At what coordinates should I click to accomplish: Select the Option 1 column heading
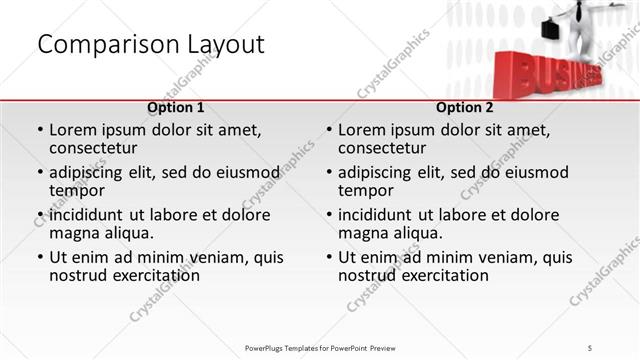click(x=175, y=107)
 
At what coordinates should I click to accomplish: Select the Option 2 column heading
click(x=464, y=107)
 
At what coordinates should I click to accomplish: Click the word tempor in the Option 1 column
click(x=76, y=190)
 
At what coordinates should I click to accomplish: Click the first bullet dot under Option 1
click(x=40, y=130)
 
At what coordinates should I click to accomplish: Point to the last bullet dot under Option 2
click(x=329, y=257)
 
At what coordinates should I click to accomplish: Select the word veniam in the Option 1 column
click(x=194, y=257)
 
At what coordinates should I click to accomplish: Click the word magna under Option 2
click(x=363, y=233)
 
